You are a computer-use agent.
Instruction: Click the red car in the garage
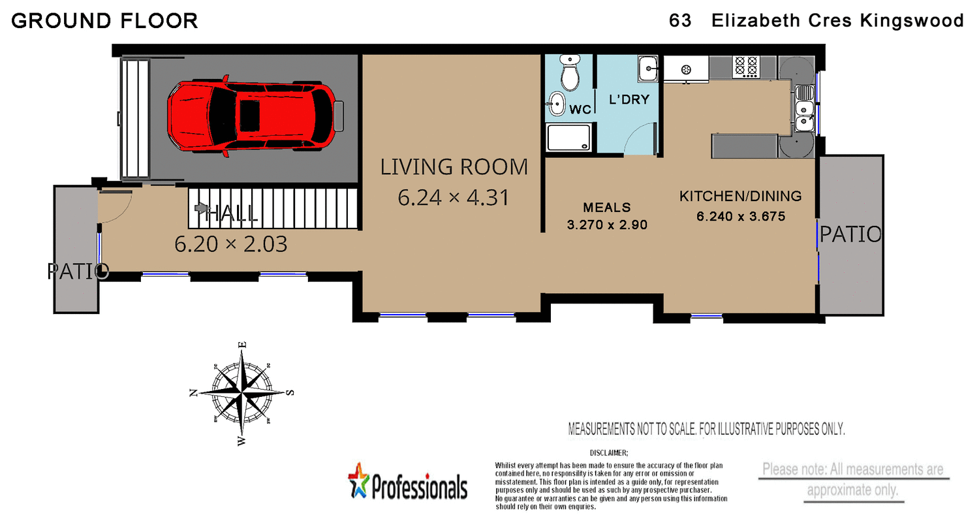[251, 116]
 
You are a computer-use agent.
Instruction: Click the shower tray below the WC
[570, 138]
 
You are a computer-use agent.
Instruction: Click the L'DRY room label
[629, 100]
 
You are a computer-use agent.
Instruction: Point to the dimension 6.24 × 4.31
[453, 197]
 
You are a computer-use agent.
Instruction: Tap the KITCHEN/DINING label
[740, 196]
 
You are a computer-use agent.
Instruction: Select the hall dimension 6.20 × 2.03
[231, 244]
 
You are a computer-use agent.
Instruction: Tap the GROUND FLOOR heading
[104, 21]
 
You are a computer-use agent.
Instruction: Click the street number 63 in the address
[679, 21]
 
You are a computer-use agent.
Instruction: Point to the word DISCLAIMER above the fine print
[608, 452]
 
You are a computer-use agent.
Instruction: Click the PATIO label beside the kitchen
[850, 234]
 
